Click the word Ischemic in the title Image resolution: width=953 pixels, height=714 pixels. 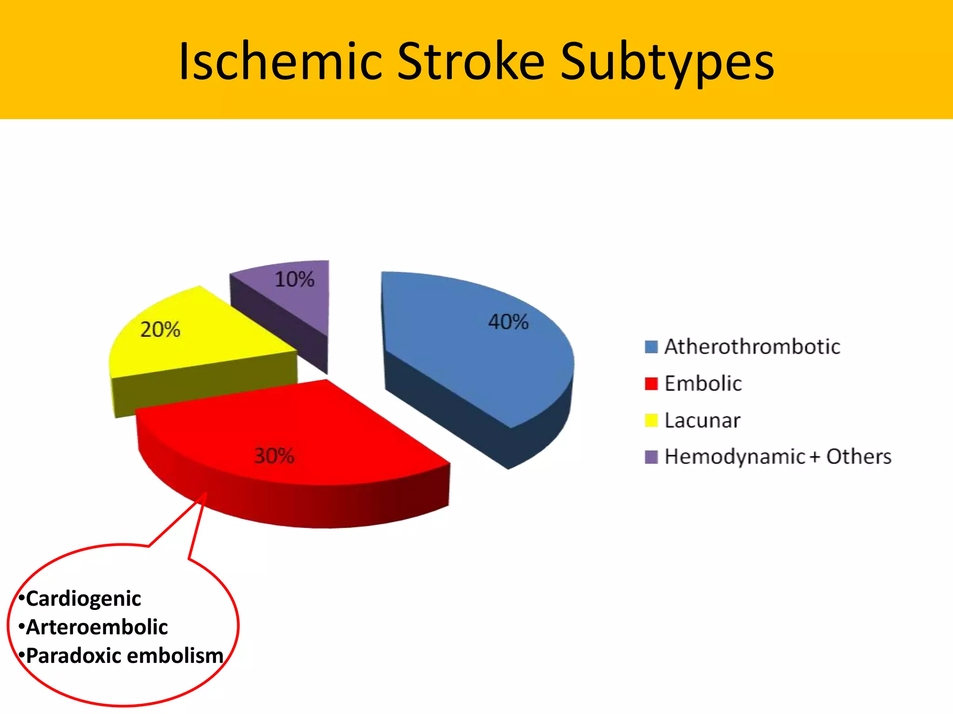281,61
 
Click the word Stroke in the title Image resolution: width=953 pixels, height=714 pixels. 470,61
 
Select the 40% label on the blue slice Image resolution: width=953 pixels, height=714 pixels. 508,322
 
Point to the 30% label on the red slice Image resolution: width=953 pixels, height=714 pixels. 274,456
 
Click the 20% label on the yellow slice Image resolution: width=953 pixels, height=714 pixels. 160,330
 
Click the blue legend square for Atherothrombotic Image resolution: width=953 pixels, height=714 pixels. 651,347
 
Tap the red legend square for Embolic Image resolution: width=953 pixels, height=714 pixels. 651,383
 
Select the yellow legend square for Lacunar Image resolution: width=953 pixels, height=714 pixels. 651,420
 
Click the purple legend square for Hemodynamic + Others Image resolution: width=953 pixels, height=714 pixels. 651,457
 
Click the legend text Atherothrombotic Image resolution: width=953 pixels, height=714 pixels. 752,347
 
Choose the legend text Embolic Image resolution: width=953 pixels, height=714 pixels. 703,383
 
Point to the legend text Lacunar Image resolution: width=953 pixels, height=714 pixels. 702,421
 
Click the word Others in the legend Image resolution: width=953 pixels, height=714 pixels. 859,456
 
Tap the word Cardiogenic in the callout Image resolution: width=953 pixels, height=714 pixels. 83,599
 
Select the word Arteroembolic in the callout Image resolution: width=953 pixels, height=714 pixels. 97,627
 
